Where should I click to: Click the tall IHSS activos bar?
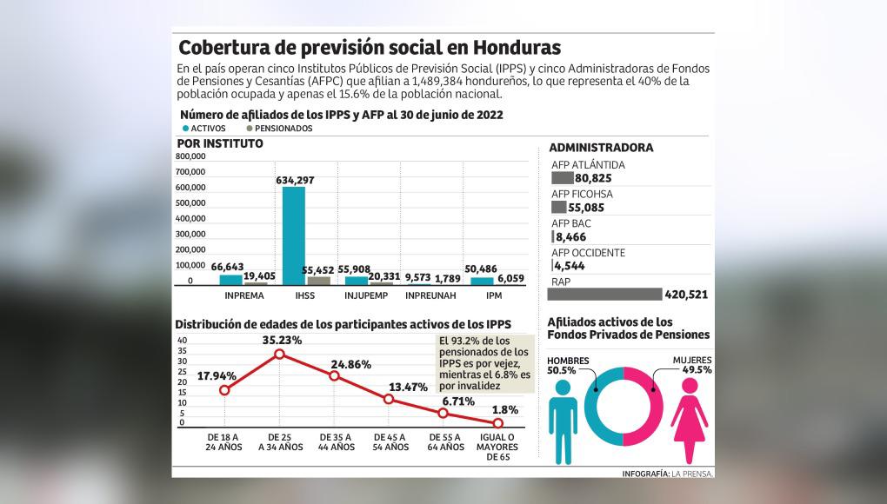[294, 235]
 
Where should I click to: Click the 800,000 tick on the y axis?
[191, 156]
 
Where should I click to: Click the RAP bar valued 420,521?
[605, 294]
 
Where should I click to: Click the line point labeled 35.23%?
[279, 354]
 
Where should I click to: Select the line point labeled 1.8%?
[498, 422]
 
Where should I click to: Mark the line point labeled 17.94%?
[224, 390]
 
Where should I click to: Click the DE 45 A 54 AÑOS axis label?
[390, 441]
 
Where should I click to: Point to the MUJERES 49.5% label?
[692, 365]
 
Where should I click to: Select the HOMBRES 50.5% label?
[569, 365]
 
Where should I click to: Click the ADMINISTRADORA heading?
[601, 148]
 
